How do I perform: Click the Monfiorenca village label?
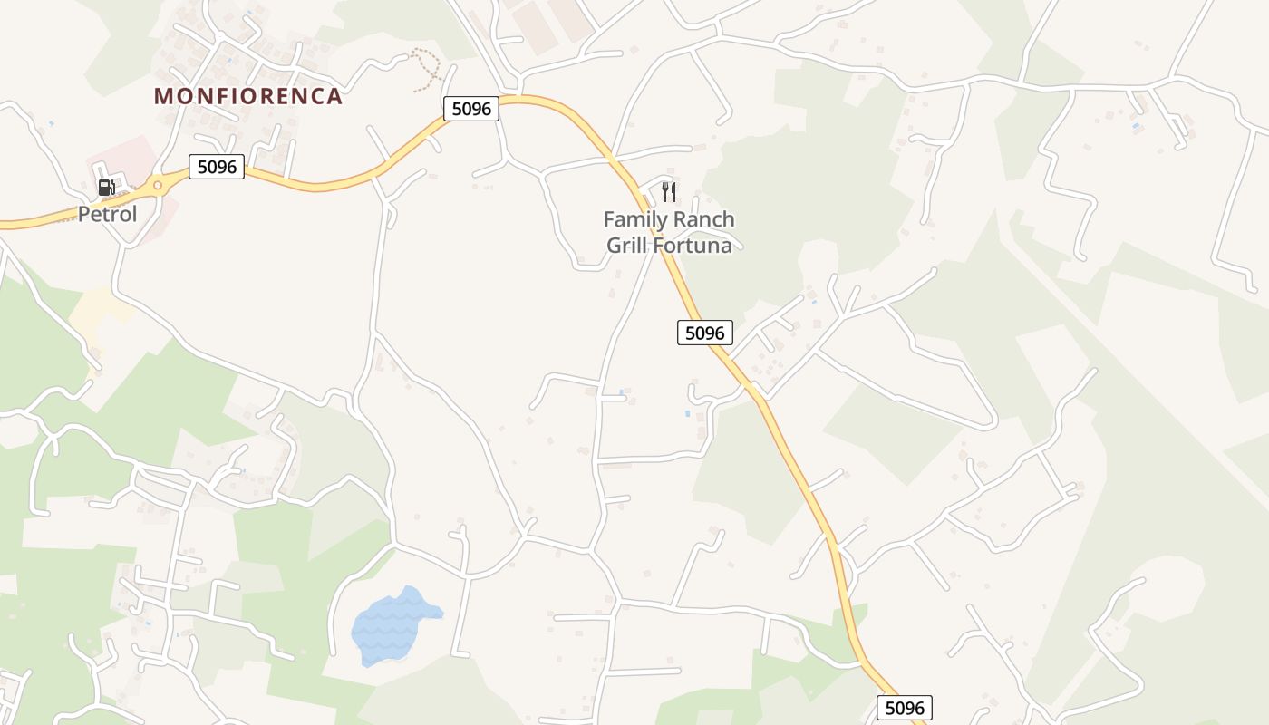pyautogui.click(x=247, y=96)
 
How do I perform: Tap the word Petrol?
pyautogui.click(x=107, y=215)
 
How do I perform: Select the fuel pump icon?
pyautogui.click(x=106, y=188)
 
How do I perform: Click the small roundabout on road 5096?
pyautogui.click(x=157, y=186)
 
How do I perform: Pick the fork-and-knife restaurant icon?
pyautogui.click(x=669, y=191)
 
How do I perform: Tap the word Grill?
pyautogui.click(x=627, y=245)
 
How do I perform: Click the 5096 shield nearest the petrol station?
pyautogui.click(x=217, y=167)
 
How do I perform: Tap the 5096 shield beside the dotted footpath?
pyautogui.click(x=471, y=109)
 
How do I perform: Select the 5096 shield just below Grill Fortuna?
pyautogui.click(x=704, y=333)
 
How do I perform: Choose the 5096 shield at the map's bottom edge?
pyautogui.click(x=905, y=708)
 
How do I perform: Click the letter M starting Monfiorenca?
pyautogui.click(x=163, y=96)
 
